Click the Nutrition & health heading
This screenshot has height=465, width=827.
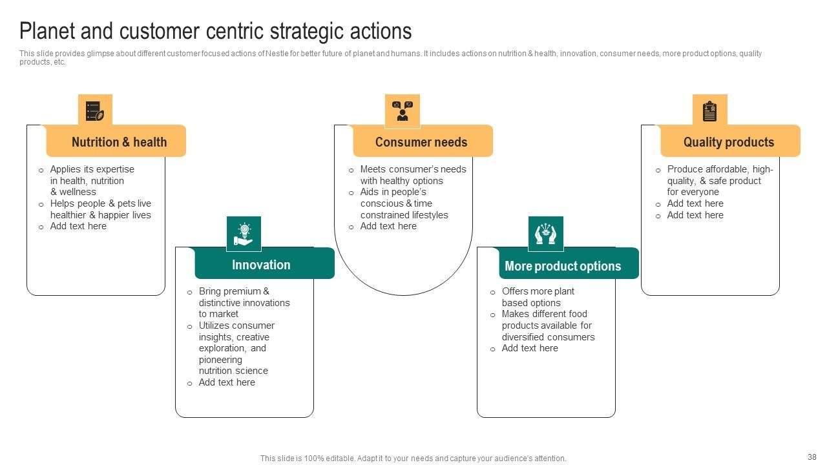coord(119,142)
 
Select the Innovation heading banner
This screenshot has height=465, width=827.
coord(261,265)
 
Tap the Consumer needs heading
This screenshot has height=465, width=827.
coord(421,142)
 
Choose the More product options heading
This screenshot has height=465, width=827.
coord(563,266)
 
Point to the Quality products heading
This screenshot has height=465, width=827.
coord(729,142)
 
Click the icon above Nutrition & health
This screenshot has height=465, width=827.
coord(95,110)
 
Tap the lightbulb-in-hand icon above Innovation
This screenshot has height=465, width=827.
coord(244,233)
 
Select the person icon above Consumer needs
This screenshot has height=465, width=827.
coord(403,110)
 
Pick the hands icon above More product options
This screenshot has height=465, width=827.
coord(546,233)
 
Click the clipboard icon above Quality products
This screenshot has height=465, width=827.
coord(709,110)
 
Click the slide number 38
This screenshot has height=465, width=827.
coord(812,457)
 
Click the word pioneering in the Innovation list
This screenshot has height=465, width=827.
coord(220,360)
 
